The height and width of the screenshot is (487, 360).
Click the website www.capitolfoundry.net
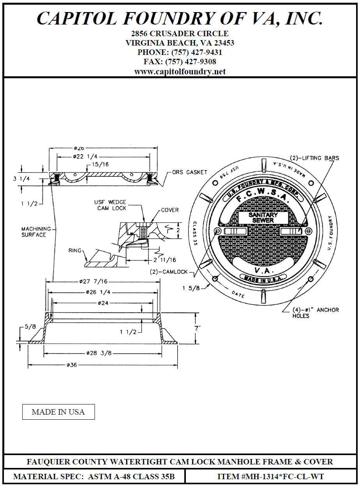(x=180, y=72)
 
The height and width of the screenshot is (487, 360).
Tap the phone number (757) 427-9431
(x=180, y=52)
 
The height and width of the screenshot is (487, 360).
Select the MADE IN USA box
(x=58, y=412)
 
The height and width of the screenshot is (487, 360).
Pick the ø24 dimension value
(x=103, y=302)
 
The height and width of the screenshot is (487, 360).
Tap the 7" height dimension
(x=198, y=328)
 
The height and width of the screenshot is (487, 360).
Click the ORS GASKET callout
(x=189, y=172)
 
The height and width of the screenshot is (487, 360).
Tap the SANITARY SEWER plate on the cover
(x=263, y=218)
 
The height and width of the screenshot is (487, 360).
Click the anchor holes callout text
(x=316, y=313)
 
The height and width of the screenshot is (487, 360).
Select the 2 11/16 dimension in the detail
(x=165, y=260)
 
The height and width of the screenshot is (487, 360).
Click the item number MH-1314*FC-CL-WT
(x=271, y=476)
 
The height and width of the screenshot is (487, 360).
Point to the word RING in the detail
(x=74, y=250)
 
